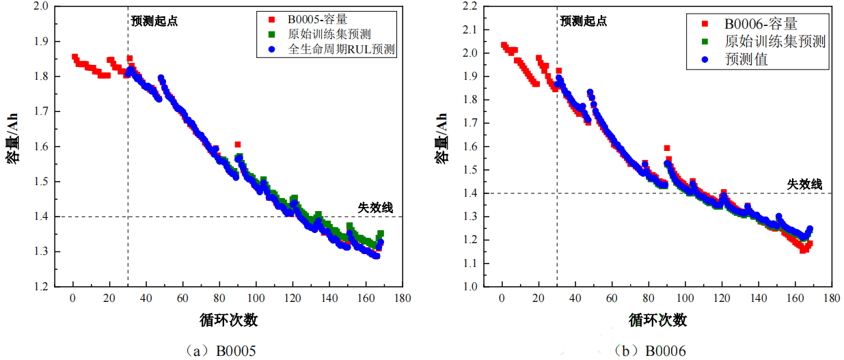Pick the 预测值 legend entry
[746, 59]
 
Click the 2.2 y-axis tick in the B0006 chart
[469, 6]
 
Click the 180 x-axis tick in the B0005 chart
[403, 299]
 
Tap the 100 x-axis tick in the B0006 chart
[685, 299]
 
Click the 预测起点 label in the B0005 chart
[154, 20]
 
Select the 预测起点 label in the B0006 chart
[583, 20]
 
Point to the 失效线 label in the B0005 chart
[375, 208]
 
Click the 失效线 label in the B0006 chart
[804, 184]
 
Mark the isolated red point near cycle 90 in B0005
[238, 145]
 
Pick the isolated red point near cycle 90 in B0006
[666, 148]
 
